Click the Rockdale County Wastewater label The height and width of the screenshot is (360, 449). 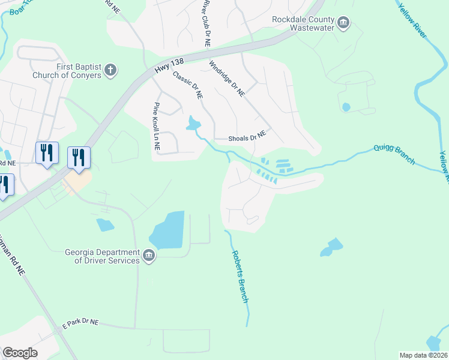tap(304, 23)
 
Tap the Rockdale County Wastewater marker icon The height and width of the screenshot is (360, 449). tap(343, 23)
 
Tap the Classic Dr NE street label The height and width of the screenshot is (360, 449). tap(188, 85)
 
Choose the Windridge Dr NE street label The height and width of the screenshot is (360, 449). tap(227, 79)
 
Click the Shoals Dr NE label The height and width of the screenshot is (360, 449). tap(247, 137)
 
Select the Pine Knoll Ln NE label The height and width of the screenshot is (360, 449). tap(157, 127)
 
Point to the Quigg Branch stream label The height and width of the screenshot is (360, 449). tap(394, 154)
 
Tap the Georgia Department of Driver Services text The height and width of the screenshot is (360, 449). tap(100, 256)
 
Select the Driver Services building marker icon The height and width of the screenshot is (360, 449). tap(149, 257)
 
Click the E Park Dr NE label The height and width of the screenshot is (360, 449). tap(80, 325)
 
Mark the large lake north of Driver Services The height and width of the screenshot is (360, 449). tap(168, 232)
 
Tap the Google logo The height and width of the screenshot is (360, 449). tap(20, 352)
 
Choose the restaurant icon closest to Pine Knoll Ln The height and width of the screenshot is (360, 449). tap(79, 157)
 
